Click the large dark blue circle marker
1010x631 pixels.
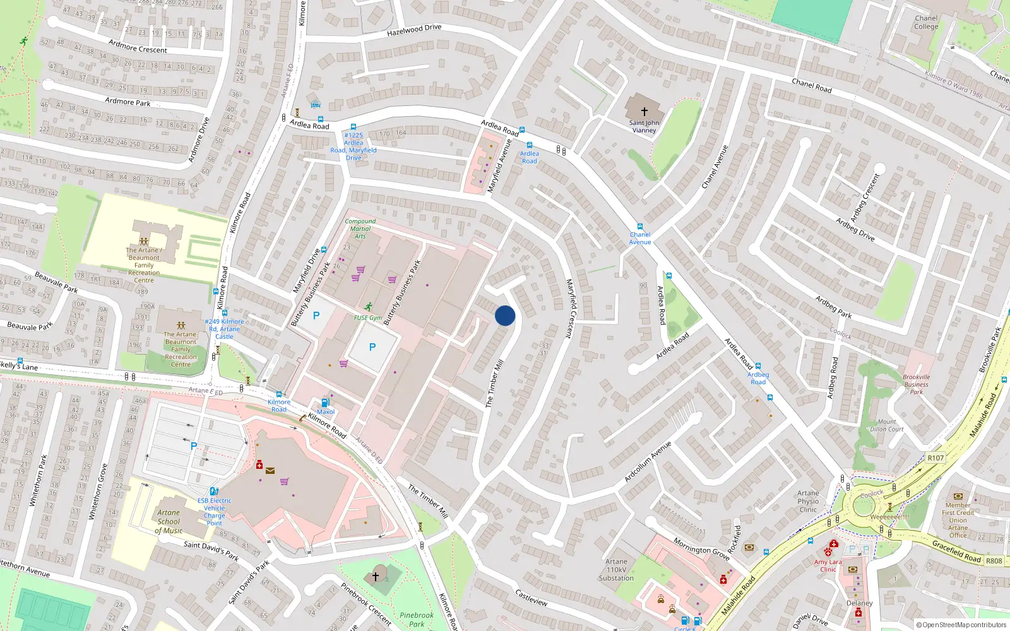pos(505,315)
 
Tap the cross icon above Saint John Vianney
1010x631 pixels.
pos(644,111)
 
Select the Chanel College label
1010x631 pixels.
pos(926,23)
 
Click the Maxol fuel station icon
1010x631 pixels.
pos(325,403)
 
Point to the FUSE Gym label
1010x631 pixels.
pos(368,318)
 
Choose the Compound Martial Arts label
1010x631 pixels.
pos(360,228)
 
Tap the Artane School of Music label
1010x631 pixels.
pos(169,522)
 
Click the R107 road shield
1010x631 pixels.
pos(936,458)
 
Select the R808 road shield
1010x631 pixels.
pos(994,560)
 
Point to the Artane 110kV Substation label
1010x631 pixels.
pos(616,569)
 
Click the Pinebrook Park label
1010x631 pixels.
pos(417,619)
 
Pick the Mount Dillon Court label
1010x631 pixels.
pos(887,425)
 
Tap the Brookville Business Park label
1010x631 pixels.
pos(916,384)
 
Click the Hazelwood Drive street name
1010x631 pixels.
pos(414,30)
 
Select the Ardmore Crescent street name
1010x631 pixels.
pos(138,46)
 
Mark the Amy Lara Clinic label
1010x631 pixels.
pos(828,565)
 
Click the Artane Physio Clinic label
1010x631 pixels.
pos(808,502)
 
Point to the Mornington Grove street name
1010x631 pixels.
pos(701,548)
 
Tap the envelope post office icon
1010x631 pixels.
pos(270,470)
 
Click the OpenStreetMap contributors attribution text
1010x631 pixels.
pos(961,625)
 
